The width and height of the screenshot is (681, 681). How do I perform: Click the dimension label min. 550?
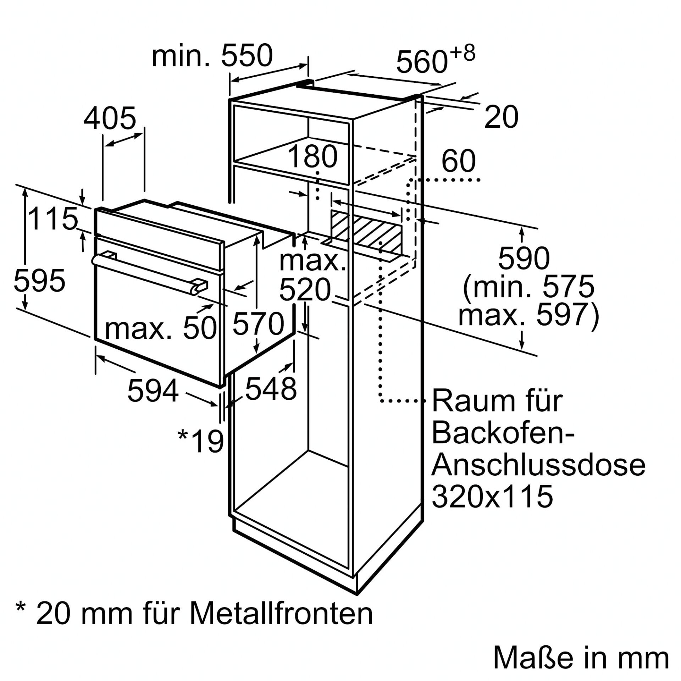pyautogui.click(x=212, y=56)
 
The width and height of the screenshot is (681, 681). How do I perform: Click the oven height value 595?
pyautogui.click(x=39, y=281)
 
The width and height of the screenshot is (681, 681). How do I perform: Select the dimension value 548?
pyautogui.click(x=271, y=389)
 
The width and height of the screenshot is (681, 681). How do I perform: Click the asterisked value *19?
pyautogui.click(x=201, y=441)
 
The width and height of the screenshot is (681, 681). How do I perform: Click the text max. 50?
pyautogui.click(x=160, y=328)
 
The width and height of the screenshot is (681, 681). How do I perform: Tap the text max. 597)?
pyautogui.click(x=528, y=315)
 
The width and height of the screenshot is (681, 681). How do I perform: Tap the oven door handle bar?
pyautogui.click(x=149, y=271)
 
